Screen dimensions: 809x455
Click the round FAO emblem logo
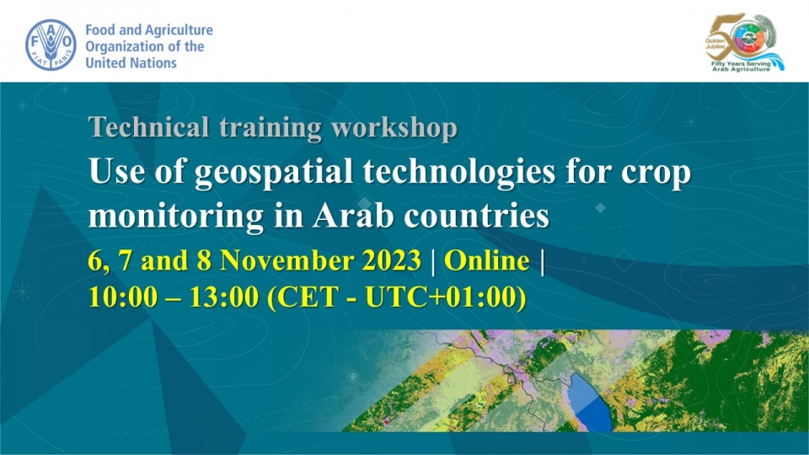point(51,45)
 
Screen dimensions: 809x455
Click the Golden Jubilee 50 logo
point(744,42)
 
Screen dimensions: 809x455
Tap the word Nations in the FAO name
point(153,63)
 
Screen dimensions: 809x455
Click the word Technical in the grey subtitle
point(148,127)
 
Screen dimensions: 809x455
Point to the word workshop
point(394,128)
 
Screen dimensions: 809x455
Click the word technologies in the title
point(459,172)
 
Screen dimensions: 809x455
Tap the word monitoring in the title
point(176,217)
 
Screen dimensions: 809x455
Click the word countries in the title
point(477,216)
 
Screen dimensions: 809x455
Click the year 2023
point(392,260)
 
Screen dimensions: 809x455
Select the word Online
point(487,260)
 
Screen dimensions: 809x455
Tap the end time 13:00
point(224,297)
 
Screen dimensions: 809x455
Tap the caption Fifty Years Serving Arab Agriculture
point(742,66)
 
